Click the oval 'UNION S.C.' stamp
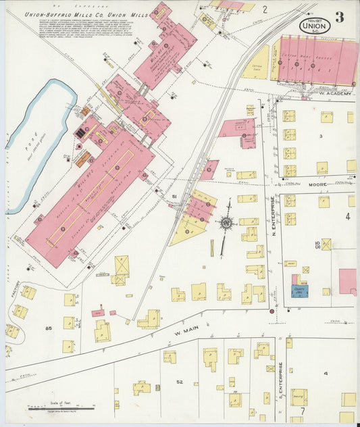(x=315, y=25)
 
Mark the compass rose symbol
(x=226, y=222)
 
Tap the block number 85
(x=48, y=328)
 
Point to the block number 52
(x=179, y=382)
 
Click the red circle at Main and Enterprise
(x=272, y=311)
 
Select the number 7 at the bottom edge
(x=303, y=411)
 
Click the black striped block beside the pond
(x=81, y=133)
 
